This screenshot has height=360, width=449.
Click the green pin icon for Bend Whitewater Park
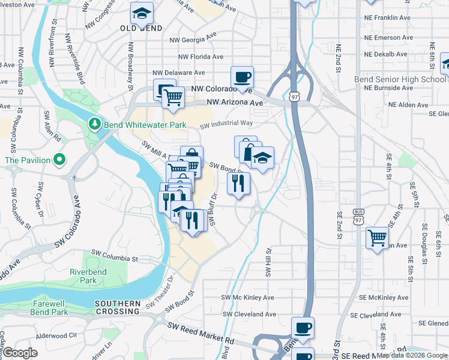(94, 124)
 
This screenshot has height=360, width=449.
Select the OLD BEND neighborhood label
(140, 28)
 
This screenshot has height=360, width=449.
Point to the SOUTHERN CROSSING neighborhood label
(117, 308)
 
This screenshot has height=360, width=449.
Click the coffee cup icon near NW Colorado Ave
(242, 77)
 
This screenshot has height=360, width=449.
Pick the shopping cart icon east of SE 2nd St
(377, 238)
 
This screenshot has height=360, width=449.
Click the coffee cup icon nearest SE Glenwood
(303, 328)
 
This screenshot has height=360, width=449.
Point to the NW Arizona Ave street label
(235, 103)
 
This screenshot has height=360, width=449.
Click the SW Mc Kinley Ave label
(247, 298)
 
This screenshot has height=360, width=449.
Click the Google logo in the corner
(19, 353)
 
